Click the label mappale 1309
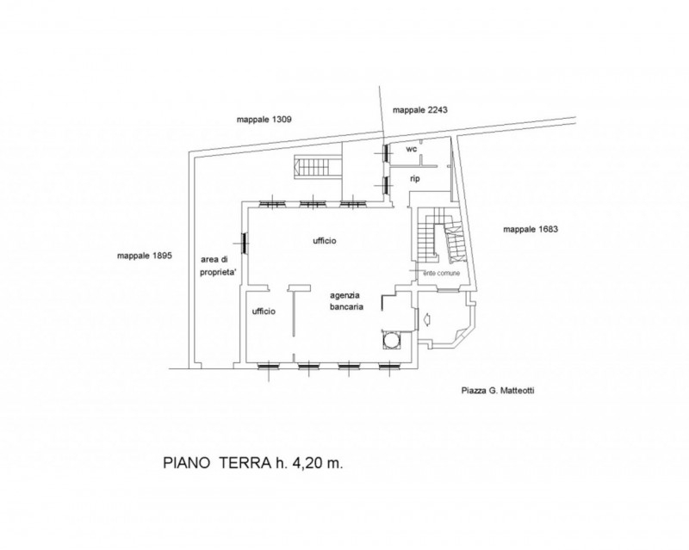264,120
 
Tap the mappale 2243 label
420,110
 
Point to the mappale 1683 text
531,229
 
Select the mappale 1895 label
144,256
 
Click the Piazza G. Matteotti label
498,391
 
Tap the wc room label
412,150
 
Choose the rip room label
415,179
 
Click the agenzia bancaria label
347,301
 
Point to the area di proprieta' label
219,266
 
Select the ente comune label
441,273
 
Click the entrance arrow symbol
425,319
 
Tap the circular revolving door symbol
391,339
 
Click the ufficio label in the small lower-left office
264,312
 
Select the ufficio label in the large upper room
325,241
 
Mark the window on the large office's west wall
244,242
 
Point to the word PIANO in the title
186,463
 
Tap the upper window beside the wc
385,153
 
